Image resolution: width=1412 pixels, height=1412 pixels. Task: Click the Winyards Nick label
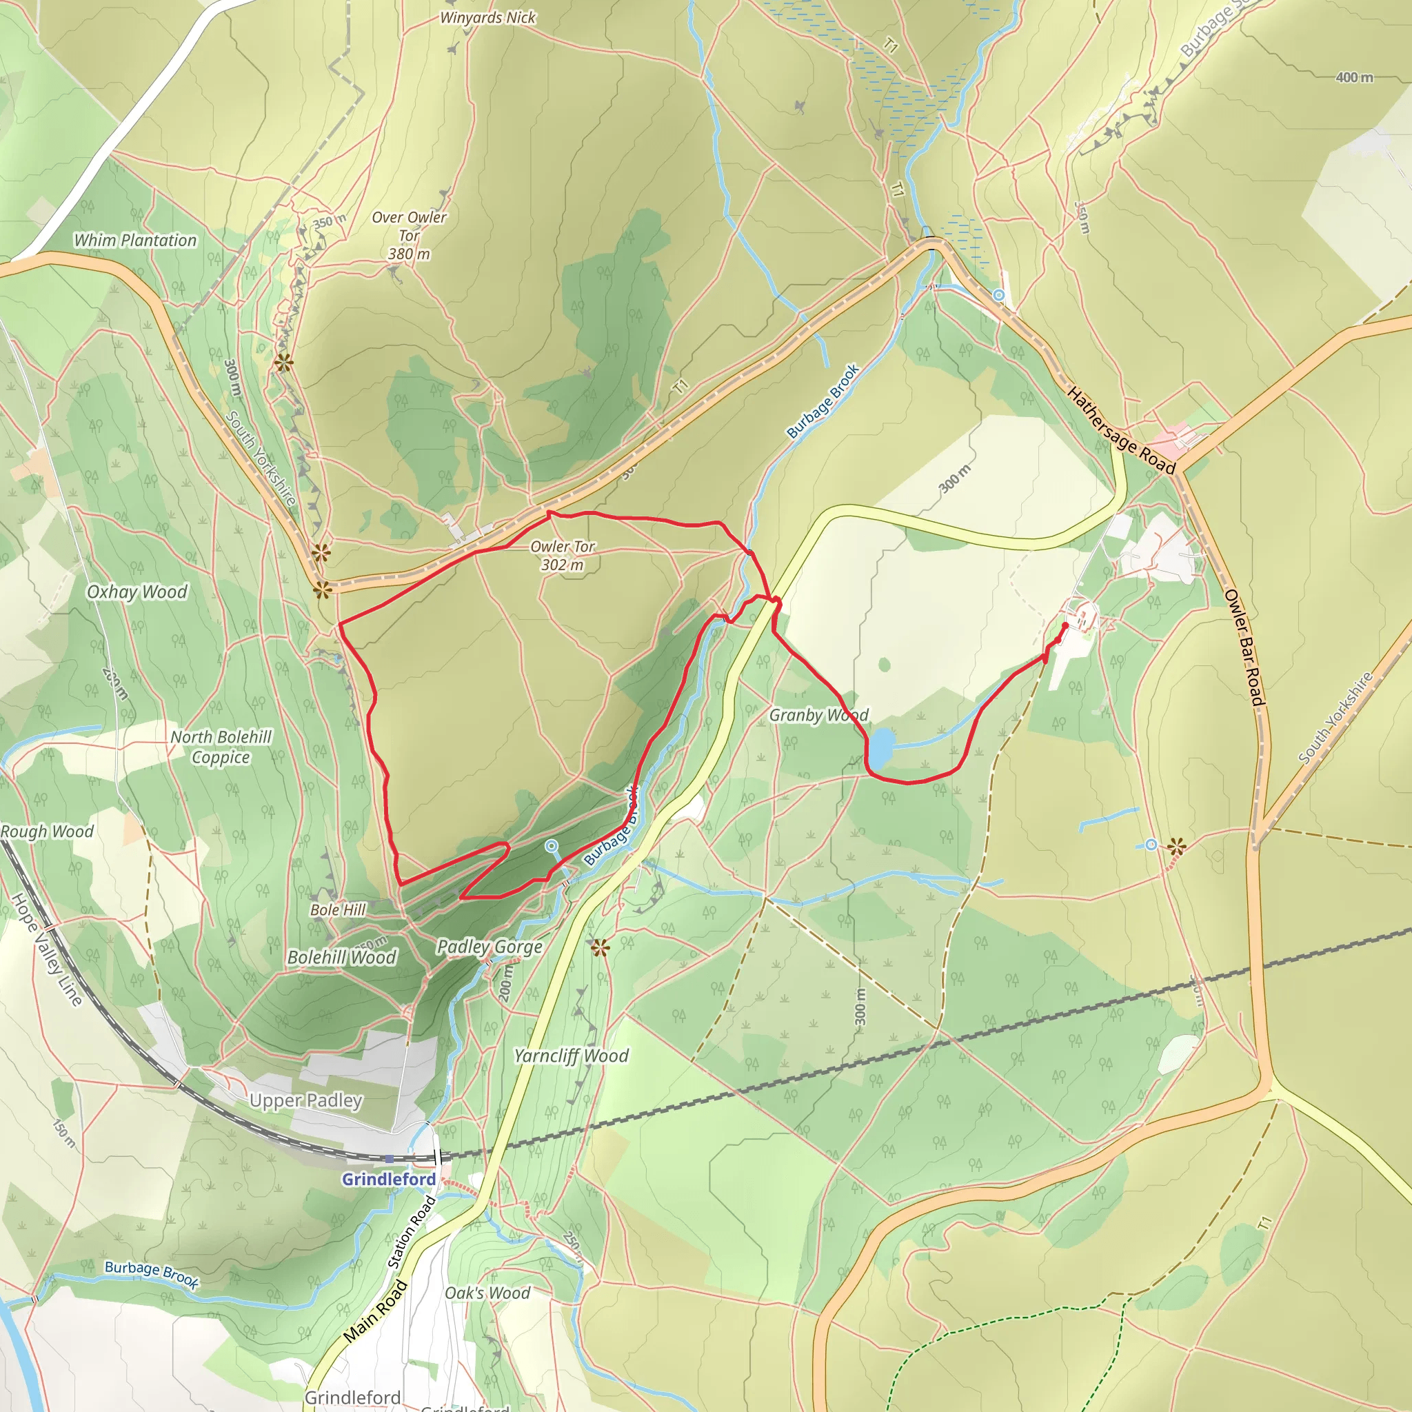coord(487,17)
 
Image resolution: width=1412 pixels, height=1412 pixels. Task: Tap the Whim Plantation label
coord(135,241)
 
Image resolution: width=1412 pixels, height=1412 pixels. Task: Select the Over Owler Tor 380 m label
coord(410,235)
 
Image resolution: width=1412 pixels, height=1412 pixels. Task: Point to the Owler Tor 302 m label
coord(562,556)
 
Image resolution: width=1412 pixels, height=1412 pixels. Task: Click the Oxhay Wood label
coord(137,592)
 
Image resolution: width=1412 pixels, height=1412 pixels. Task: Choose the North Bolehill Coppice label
coord(221,747)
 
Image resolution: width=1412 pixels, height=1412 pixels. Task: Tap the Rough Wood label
coord(47,831)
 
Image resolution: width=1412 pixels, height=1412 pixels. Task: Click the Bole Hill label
coord(338,910)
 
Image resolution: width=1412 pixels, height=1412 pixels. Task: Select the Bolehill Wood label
coord(341,958)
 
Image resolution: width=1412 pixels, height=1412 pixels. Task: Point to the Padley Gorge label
coord(490,947)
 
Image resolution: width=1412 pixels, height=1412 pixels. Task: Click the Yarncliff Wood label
coord(571,1056)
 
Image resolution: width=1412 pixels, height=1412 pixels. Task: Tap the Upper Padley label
coord(305,1100)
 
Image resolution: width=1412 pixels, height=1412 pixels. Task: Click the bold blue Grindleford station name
coord(389,1179)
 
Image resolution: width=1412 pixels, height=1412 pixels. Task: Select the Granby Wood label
coord(818,715)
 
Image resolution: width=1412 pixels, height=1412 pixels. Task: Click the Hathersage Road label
coord(1121,431)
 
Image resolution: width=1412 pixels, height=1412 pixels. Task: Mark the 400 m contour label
coord(1354,77)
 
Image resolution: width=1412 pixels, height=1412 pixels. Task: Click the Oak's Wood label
coord(487,1293)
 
